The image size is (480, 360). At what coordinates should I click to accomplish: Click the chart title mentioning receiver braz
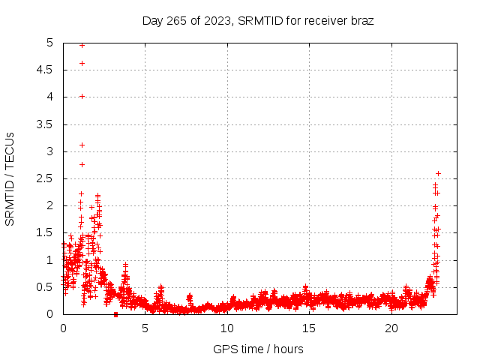258,20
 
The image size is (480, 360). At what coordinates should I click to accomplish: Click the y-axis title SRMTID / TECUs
10,178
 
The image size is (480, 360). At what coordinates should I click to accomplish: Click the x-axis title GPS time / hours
258,349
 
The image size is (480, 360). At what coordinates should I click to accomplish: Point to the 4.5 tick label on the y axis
46,70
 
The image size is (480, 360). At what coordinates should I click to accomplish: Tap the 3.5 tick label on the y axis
46,124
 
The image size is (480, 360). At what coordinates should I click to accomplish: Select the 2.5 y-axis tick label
46,178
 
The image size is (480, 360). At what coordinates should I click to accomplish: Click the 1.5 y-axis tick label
46,233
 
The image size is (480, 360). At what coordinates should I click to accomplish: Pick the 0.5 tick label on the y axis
46,287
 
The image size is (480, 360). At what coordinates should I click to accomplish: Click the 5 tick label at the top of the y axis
50,43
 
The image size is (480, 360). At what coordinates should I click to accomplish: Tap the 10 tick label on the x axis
227,328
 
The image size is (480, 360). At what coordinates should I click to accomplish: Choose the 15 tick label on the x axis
310,328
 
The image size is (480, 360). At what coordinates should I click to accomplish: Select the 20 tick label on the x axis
391,328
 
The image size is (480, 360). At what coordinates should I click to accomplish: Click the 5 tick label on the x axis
145,328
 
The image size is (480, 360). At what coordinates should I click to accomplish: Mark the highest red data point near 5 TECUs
82,45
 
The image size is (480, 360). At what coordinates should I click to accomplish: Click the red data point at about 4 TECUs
82,96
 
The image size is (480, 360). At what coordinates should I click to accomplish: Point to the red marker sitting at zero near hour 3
115,314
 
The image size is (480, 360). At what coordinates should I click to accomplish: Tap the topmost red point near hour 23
438,173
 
